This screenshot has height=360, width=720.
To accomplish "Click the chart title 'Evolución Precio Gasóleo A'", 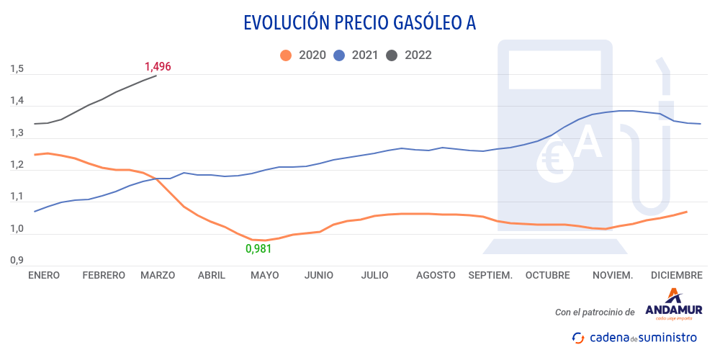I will tap(359, 23).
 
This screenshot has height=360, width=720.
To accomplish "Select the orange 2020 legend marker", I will tap(286, 55).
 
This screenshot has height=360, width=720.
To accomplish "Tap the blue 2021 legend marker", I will tap(339, 55).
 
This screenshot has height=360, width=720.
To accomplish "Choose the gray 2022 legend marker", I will tap(392, 55).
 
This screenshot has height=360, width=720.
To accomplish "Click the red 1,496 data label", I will tap(158, 66).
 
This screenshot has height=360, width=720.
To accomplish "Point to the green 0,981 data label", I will tap(259, 248).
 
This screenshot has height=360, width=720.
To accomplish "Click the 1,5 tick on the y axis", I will tap(17, 69).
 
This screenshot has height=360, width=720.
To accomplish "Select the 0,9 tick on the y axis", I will tap(17, 261).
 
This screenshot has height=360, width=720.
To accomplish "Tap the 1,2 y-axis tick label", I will tap(17, 165).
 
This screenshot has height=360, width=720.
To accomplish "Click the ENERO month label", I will tap(44, 275).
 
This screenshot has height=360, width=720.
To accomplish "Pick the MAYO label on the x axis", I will tap(264, 275).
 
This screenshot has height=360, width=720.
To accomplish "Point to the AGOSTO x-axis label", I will tap(436, 275).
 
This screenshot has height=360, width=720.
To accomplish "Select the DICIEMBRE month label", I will tap(676, 275).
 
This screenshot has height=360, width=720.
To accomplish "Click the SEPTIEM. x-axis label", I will tap(490, 275).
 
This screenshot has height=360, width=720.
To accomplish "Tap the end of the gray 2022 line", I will tap(156, 76).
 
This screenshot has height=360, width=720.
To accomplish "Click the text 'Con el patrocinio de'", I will tap(595, 312).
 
